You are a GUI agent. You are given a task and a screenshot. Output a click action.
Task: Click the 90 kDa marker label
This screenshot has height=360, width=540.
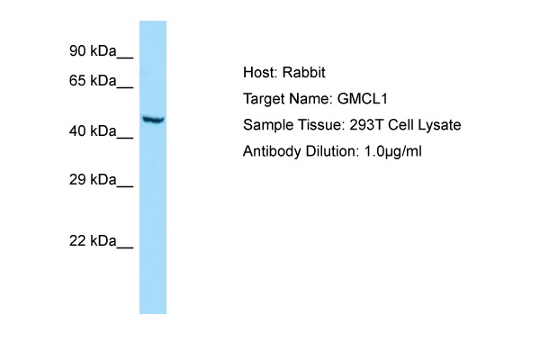point(93,51)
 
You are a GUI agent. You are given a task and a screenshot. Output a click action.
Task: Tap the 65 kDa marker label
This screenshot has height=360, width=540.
point(93,81)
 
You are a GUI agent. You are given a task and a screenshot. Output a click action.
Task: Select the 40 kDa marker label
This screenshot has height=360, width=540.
point(93,131)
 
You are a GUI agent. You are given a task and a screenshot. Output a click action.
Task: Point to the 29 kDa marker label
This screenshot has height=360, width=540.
point(93,180)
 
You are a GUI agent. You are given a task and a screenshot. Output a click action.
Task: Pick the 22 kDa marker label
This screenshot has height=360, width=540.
point(93,241)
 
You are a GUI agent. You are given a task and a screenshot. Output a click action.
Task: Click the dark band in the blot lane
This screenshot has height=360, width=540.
point(153,120)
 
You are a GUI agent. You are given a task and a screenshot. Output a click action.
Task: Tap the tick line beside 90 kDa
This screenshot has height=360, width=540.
point(125,58)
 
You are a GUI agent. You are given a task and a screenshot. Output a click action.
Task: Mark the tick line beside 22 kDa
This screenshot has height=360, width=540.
point(125,247)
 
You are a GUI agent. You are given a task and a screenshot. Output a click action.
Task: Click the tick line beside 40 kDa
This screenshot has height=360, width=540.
point(125,138)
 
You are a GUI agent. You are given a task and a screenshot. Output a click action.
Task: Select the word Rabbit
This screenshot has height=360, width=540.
point(304,73)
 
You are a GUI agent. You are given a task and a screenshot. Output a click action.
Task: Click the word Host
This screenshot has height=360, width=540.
point(260,73)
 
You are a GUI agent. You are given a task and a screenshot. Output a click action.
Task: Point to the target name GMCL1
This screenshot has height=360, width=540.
point(363,99)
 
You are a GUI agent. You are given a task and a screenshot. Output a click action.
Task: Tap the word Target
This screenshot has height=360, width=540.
point(264,99)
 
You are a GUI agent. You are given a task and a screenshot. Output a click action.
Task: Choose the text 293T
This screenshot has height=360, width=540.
point(366,125)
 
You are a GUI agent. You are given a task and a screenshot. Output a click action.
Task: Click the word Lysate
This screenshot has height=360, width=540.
point(439,125)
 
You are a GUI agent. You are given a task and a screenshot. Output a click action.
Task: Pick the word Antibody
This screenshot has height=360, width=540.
point(272,151)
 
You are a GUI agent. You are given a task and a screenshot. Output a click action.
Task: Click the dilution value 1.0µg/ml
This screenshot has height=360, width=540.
point(392,152)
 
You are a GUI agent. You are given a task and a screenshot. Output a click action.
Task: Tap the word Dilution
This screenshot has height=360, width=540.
point(332,151)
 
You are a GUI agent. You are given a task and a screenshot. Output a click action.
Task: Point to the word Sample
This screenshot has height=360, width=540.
point(268,125)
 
